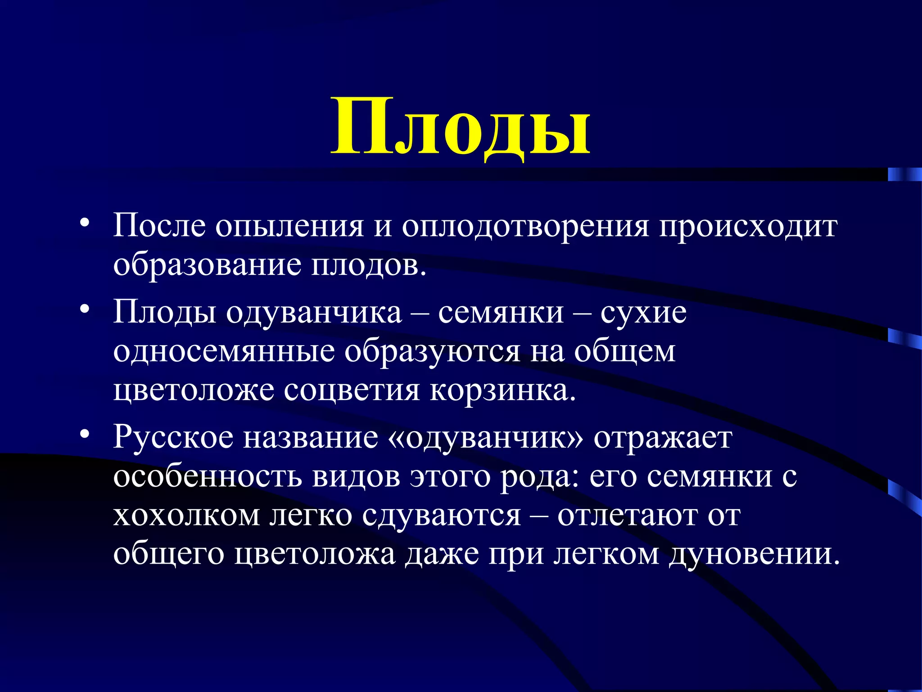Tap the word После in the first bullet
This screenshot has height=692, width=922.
159,224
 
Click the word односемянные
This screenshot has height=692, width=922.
224,351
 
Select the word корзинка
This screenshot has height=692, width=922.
502,390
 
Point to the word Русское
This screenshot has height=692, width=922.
173,437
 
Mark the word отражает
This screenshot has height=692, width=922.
663,438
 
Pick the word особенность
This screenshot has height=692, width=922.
207,476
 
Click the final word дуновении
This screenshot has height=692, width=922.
754,554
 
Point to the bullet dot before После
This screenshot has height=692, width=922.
84,223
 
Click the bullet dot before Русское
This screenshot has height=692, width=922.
84,435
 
